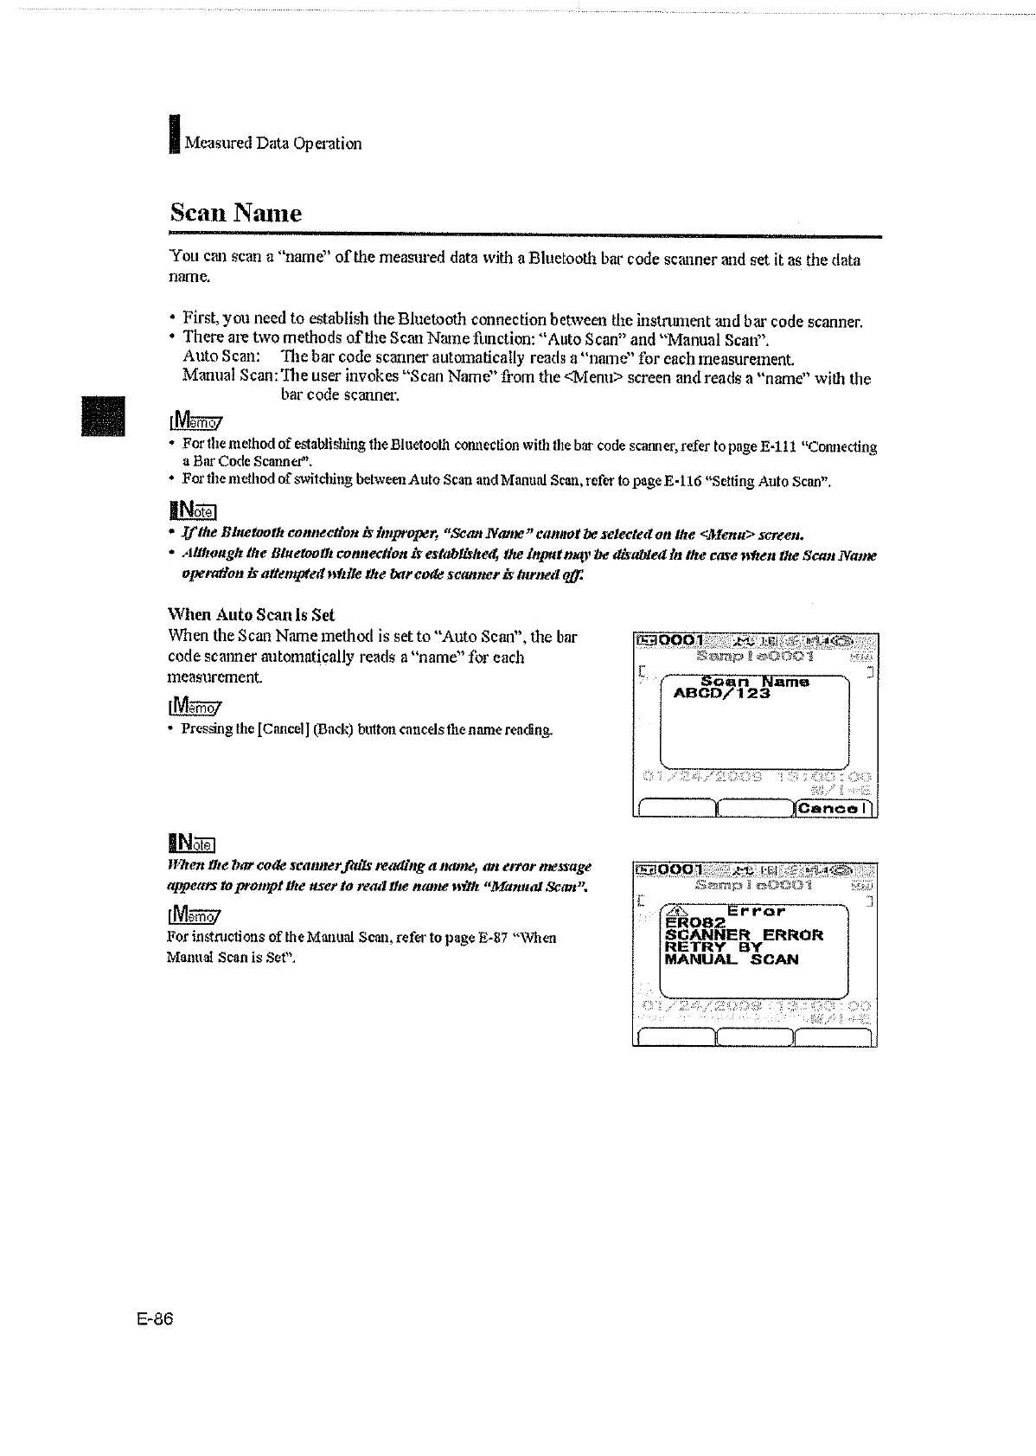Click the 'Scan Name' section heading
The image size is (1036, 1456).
click(235, 213)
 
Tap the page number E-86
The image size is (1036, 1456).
click(155, 1318)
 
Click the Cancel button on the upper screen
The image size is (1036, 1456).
click(835, 808)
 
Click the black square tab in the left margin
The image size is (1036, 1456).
click(103, 416)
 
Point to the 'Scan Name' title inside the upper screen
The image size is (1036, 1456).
click(754, 682)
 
